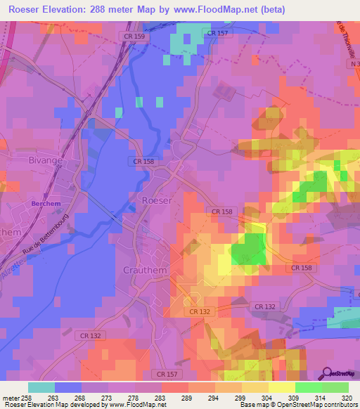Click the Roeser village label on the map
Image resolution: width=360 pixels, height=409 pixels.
157,200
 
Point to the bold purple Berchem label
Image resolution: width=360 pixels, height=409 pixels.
43,203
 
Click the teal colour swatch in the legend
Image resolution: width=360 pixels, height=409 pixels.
41,387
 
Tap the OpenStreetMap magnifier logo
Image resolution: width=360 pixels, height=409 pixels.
326,372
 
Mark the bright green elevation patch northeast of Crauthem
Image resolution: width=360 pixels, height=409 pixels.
250,249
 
